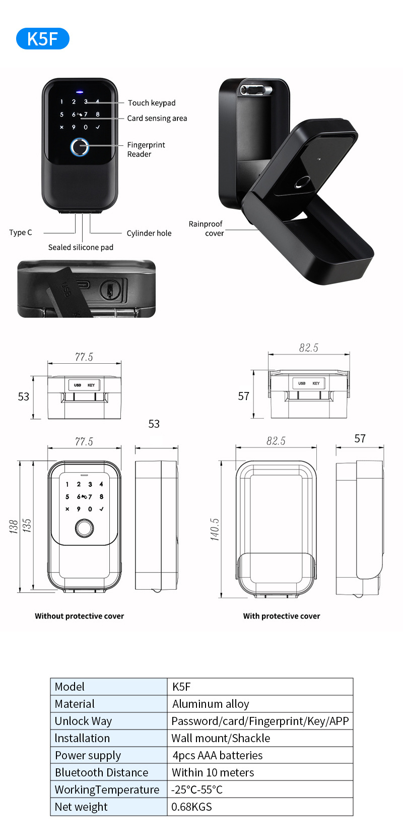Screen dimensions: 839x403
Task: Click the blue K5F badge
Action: click(42, 39)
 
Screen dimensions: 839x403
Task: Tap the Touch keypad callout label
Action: click(152, 103)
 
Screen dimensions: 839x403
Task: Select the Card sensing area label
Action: click(157, 119)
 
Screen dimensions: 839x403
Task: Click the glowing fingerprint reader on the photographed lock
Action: click(79, 147)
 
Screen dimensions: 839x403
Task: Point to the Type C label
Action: click(21, 233)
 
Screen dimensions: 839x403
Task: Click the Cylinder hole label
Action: click(149, 233)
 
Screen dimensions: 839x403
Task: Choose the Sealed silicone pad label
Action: click(81, 247)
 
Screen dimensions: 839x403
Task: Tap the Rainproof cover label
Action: click(206, 228)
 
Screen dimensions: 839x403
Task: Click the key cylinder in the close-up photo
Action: click(109, 290)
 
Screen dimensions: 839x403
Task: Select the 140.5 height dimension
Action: click(215, 529)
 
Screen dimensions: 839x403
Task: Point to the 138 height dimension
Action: click(14, 526)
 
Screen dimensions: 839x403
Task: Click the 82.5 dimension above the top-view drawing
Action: click(308, 348)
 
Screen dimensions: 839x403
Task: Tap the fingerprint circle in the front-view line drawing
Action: click(84, 528)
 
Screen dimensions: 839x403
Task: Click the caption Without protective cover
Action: click(79, 616)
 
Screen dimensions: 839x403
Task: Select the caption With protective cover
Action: click(282, 616)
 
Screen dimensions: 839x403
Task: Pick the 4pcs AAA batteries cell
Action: click(217, 755)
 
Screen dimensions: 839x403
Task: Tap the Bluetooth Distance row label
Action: click(101, 772)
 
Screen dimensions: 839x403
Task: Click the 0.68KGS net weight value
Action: click(191, 807)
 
